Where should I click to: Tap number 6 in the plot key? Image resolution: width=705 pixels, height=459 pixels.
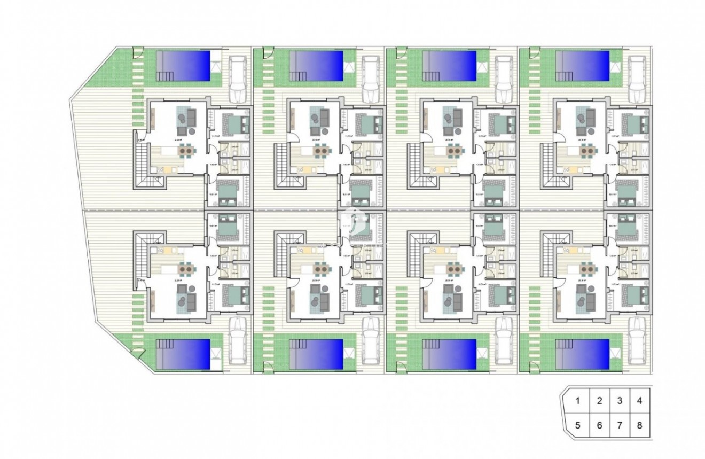point(599,425)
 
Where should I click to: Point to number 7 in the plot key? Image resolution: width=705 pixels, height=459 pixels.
point(620,425)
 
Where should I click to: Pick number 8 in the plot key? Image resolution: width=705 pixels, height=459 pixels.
point(640,425)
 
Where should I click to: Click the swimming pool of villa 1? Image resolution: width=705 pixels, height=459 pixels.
point(183,65)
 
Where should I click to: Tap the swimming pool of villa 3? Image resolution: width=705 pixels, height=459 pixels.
point(449,65)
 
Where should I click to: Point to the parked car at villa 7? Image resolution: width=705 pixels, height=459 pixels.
point(503,340)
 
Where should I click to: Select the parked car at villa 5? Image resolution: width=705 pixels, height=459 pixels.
point(237,340)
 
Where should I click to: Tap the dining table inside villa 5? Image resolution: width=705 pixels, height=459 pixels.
point(186,267)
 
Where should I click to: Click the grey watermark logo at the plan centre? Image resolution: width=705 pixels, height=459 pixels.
point(352,219)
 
